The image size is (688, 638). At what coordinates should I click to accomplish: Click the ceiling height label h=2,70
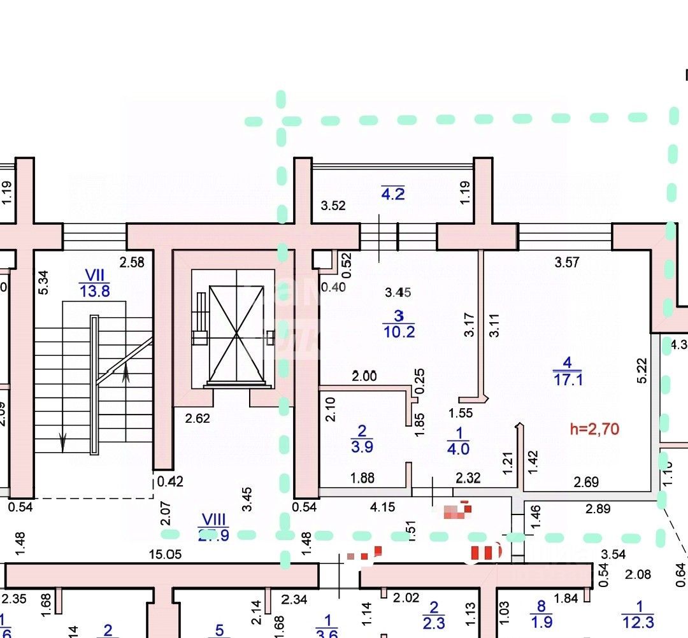(594, 429)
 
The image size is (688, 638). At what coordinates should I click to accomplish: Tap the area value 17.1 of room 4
(568, 380)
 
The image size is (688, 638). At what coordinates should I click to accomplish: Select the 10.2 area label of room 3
(399, 332)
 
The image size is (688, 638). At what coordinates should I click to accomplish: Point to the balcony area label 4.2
(392, 194)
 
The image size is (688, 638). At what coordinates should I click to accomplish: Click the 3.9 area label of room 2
(362, 446)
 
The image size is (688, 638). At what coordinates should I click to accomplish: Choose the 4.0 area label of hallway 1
(458, 448)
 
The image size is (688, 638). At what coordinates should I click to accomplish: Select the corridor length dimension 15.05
(165, 554)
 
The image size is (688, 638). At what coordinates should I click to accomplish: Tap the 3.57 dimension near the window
(567, 262)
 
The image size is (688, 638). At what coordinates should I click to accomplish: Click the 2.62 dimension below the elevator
(197, 418)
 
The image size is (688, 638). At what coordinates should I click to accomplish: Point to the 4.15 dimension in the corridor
(383, 507)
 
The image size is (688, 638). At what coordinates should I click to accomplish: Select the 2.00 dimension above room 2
(364, 376)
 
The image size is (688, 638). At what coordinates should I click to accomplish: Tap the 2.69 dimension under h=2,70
(586, 482)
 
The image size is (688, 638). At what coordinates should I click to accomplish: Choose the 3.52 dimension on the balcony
(333, 205)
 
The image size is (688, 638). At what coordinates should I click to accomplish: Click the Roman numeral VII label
(94, 275)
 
